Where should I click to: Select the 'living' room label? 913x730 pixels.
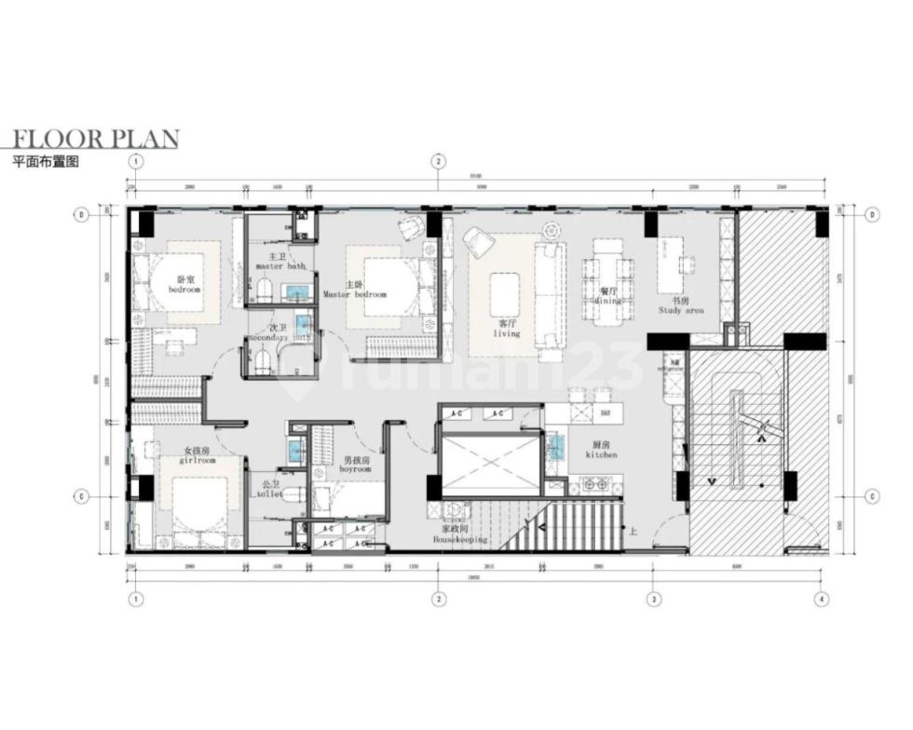(507, 333)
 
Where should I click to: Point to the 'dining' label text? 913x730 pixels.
(610, 300)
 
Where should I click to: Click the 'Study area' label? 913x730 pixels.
(681, 310)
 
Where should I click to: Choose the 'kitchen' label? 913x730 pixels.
(601, 454)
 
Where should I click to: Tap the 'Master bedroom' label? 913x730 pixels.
(354, 294)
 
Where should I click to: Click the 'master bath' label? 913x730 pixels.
(280, 265)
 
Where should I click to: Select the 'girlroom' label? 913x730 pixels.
(198, 460)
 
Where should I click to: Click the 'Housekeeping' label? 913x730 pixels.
(459, 539)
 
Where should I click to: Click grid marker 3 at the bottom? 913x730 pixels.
(655, 599)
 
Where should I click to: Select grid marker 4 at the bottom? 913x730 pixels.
(821, 599)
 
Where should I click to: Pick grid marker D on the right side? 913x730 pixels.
(872, 214)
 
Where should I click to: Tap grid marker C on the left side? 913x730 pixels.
(82, 494)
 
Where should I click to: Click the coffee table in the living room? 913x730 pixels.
(505, 294)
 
